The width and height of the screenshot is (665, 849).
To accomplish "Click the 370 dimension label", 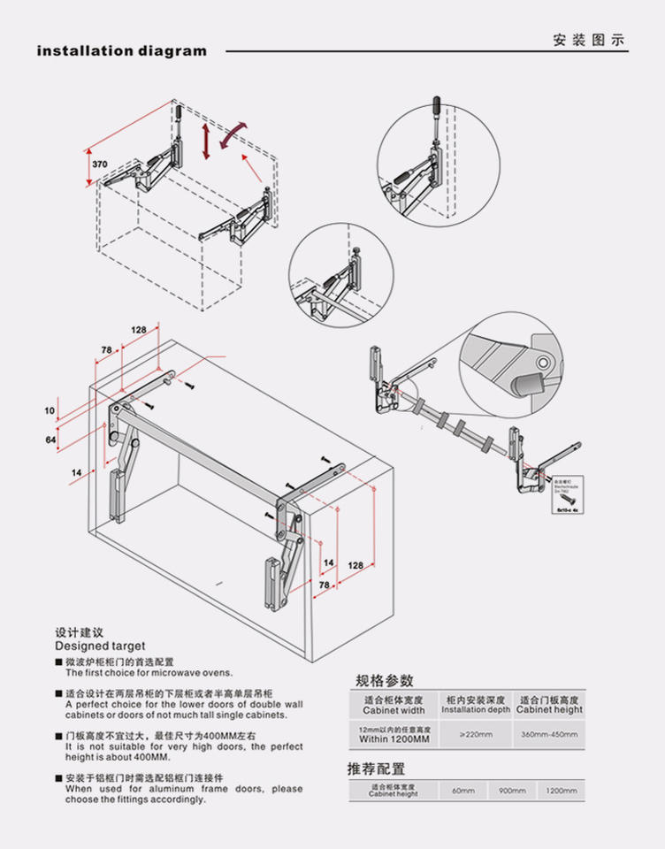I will (100, 164).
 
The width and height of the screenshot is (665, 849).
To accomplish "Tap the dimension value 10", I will (50, 410).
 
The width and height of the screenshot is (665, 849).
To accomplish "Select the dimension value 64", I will (50, 440).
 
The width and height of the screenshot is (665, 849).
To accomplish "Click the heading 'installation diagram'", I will (121, 51).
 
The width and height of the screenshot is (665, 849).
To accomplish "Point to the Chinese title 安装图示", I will (589, 41).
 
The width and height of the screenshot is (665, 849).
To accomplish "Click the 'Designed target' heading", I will (100, 646).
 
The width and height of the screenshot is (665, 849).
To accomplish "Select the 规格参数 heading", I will (385, 680).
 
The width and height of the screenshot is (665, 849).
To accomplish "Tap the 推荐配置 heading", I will (376, 769).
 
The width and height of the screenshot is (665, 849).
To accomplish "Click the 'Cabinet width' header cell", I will (394, 710).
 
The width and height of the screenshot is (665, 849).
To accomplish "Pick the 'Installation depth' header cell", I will (476, 710).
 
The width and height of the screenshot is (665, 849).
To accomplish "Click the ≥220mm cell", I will (476, 734).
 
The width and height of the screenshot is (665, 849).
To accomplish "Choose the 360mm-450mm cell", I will (549, 734).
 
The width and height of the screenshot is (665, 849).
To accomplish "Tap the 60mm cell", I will (462, 791).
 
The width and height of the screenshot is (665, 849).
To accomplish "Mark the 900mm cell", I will (511, 791).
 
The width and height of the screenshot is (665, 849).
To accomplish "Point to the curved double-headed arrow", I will (232, 135).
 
